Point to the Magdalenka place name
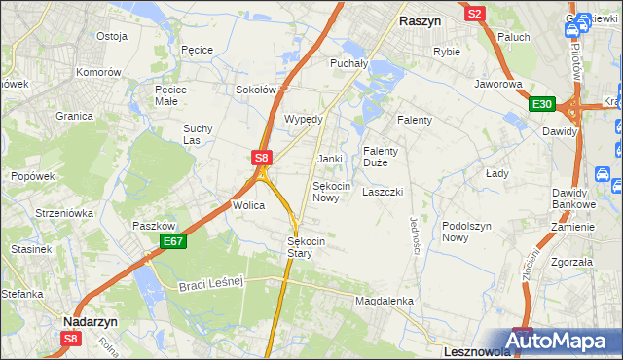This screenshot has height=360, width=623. tap(385, 302)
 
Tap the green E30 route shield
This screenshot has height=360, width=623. tap(542, 105)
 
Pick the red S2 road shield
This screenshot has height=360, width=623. tap(475, 14)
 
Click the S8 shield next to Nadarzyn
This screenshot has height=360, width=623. tap(71, 339)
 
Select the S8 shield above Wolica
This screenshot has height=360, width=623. tap(261, 156)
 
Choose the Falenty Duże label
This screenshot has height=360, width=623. tap(381, 157)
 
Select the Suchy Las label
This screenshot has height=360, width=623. tap(198, 134)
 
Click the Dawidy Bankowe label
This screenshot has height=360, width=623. tap(573, 198)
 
